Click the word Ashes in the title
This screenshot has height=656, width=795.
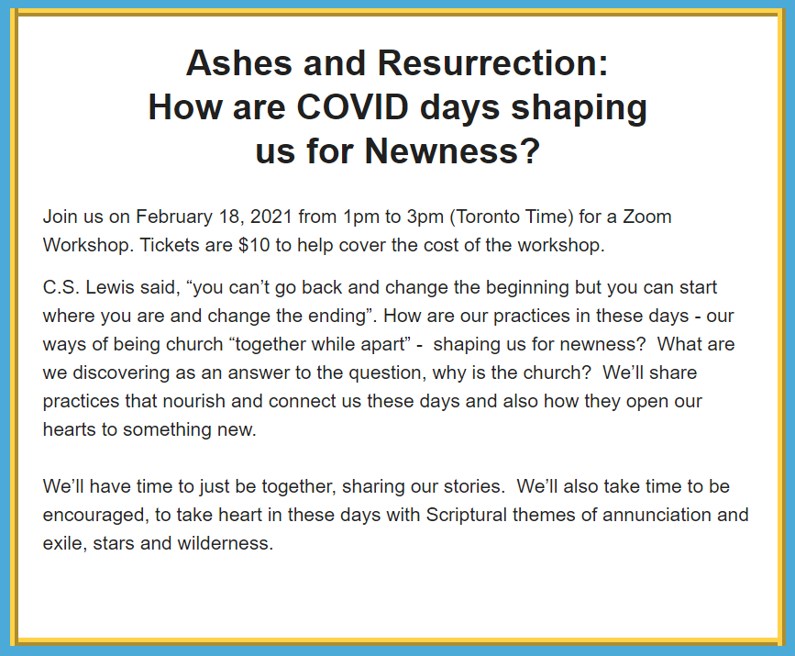239,63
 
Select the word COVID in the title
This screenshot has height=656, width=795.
353,107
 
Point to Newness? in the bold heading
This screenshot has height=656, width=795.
452,151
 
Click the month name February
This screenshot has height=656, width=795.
174,217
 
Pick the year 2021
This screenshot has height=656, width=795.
271,217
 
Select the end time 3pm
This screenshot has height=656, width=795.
425,217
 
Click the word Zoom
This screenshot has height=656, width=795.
647,217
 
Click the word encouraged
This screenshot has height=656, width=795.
96,516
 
